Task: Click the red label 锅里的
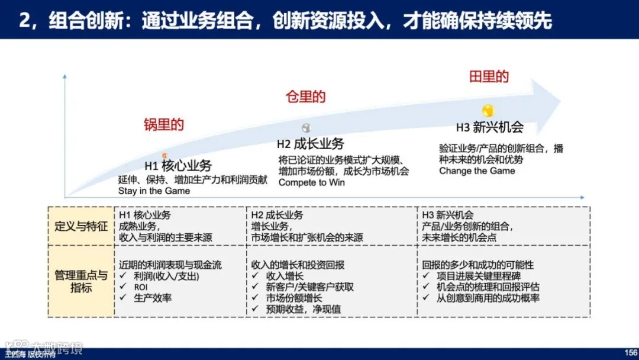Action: pyautogui.click(x=164, y=124)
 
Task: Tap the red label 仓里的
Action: pyautogui.click(x=305, y=97)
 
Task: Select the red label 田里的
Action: pyautogui.click(x=489, y=76)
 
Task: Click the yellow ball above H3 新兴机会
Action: pyautogui.click(x=488, y=110)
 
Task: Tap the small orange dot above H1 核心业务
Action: pyautogui.click(x=165, y=155)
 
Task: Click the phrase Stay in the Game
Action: pyautogui.click(x=154, y=191)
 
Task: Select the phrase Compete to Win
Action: pyautogui.click(x=311, y=182)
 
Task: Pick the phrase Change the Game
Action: pyautogui.click(x=477, y=171)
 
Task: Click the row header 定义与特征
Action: pyautogui.click(x=81, y=226)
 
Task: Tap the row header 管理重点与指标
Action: pyautogui.click(x=81, y=281)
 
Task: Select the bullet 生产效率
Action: pyautogui.click(x=151, y=298)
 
